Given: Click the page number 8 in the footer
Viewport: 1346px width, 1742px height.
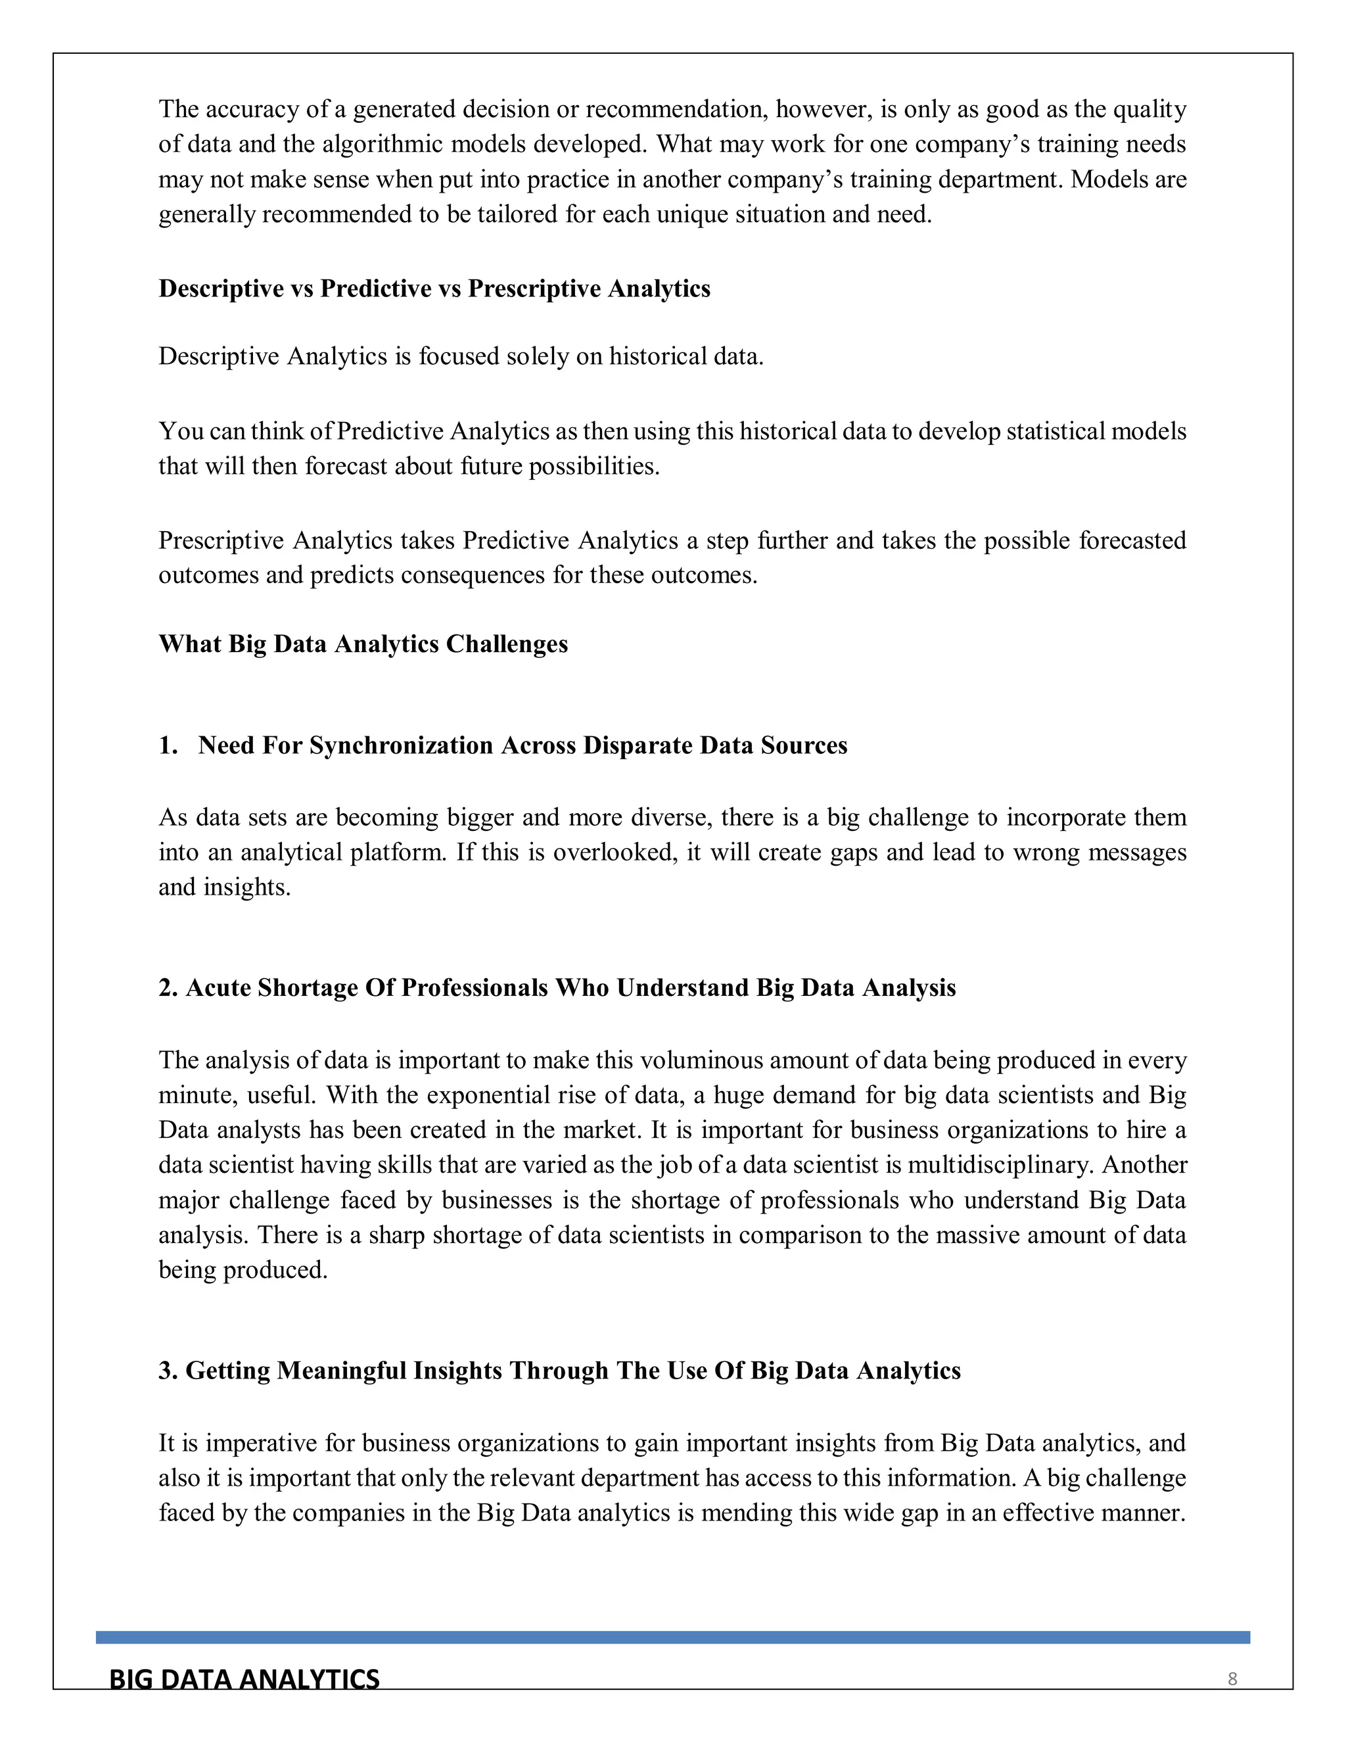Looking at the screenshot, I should point(1232,1679).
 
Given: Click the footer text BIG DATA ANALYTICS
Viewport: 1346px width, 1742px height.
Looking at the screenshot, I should point(244,1679).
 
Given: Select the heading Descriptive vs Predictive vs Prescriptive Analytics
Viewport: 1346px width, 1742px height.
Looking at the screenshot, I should point(434,289).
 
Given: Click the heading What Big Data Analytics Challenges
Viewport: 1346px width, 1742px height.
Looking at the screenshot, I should point(363,644).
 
